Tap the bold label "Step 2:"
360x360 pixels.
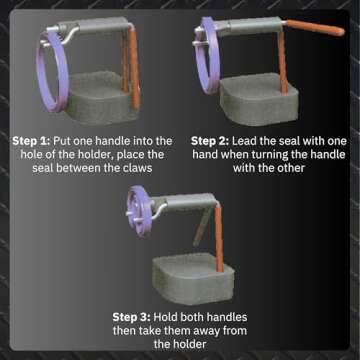pyautogui.click(x=216, y=141)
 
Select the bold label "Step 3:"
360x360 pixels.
pyautogui.click(x=134, y=318)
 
